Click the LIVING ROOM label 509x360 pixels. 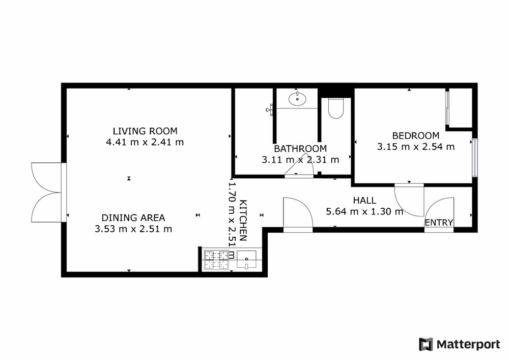tap(145, 131)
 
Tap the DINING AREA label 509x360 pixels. tap(133, 218)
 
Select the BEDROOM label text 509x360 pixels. tap(415, 135)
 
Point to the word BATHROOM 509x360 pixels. tap(300, 149)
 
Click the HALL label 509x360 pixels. tap(364, 200)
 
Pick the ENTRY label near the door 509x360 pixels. tap(439, 223)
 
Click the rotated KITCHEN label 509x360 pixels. tap(243, 221)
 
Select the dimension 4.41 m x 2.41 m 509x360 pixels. tap(145, 142)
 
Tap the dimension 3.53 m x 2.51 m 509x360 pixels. tap(133, 229)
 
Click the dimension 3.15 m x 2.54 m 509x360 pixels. tap(416, 147)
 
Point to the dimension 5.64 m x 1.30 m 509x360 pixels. tap(364, 212)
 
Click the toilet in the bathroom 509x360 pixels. tap(335, 108)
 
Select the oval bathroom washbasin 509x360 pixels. tap(297, 99)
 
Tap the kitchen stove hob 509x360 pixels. tap(216, 260)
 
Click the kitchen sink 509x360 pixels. tap(246, 259)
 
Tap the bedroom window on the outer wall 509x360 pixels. tap(475, 158)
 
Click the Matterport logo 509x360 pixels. tap(459, 344)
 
